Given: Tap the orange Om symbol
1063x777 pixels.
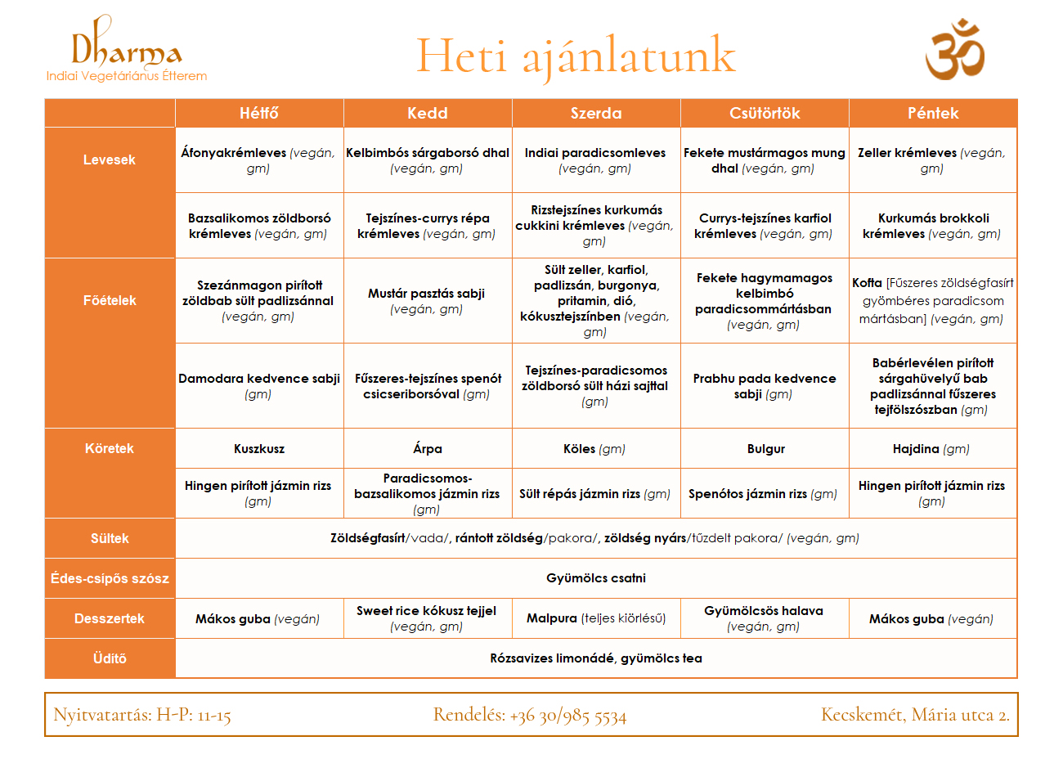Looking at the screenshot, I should [954, 51].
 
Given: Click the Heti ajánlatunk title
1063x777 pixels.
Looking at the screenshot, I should [576, 56].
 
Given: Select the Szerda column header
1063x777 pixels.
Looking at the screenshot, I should [595, 113].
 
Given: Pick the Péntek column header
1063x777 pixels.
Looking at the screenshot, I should [933, 113].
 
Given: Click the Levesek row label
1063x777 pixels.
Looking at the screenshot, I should [110, 159].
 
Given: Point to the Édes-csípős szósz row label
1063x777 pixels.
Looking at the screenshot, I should [110, 578].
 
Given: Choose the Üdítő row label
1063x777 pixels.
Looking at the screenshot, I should [110, 658].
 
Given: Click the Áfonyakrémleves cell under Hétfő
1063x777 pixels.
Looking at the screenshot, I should [258, 160].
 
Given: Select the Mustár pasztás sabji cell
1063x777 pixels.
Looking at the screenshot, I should [427, 301].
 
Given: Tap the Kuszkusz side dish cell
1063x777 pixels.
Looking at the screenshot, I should [259, 449].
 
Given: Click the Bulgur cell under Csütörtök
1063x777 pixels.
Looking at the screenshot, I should [765, 449].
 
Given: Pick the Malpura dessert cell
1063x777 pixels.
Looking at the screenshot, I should [595, 618].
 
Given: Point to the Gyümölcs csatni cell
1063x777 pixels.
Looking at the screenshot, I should [595, 578].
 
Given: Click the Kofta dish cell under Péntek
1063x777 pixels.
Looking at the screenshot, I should [933, 301].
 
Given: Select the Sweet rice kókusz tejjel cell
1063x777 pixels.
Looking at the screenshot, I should [427, 618].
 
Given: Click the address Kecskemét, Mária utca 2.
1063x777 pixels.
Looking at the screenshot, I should [915, 715].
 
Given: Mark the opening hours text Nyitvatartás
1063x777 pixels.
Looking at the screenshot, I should [142, 715].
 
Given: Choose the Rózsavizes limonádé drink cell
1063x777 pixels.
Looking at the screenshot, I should [595, 658].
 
